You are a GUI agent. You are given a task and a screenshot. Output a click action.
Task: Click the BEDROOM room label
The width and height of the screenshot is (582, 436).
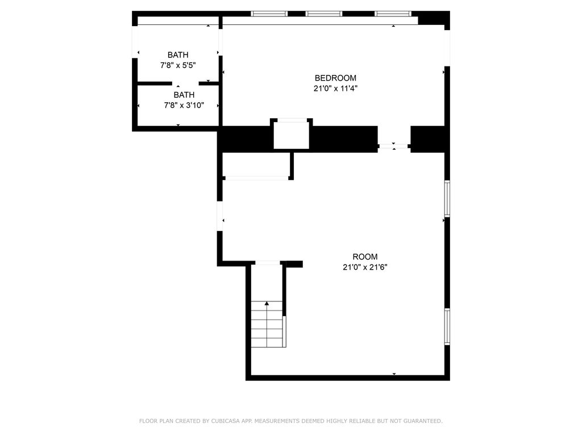tap(335, 78)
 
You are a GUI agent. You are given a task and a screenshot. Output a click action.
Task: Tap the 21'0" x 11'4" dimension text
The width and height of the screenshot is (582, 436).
tap(335, 88)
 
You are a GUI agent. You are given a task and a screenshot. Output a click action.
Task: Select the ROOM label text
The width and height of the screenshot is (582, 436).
tap(365, 257)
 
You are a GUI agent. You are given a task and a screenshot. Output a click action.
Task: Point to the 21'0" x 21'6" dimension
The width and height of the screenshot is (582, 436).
tap(365, 267)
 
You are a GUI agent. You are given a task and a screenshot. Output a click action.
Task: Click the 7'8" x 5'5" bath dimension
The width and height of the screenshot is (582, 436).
tap(178, 65)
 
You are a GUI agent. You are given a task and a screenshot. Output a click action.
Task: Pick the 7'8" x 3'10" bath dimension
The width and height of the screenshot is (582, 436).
tap(184, 105)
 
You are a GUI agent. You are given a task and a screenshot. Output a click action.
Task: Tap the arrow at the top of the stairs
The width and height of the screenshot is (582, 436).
tap(267, 303)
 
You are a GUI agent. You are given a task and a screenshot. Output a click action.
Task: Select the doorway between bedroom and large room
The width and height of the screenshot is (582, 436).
tap(394, 146)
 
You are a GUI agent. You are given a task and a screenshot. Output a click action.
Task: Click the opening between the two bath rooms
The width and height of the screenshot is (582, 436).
tap(185, 83)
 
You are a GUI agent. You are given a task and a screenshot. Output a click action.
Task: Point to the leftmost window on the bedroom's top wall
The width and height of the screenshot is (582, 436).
tap(269, 14)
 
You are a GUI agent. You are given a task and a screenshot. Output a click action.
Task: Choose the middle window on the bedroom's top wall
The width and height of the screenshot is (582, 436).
tap(323, 14)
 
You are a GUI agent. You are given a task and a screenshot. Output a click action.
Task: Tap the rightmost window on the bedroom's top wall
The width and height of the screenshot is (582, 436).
tap(393, 14)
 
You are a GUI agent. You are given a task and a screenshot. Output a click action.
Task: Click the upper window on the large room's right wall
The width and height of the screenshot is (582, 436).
tap(447, 198)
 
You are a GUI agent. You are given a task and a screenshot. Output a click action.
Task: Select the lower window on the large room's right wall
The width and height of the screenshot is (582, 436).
tap(447, 326)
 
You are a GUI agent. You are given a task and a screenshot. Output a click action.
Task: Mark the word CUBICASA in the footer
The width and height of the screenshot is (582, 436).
tap(225, 421)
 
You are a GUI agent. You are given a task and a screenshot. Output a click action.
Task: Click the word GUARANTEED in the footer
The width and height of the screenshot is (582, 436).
tap(422, 421)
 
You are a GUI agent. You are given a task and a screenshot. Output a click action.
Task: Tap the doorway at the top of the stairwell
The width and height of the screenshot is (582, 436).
tap(268, 263)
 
